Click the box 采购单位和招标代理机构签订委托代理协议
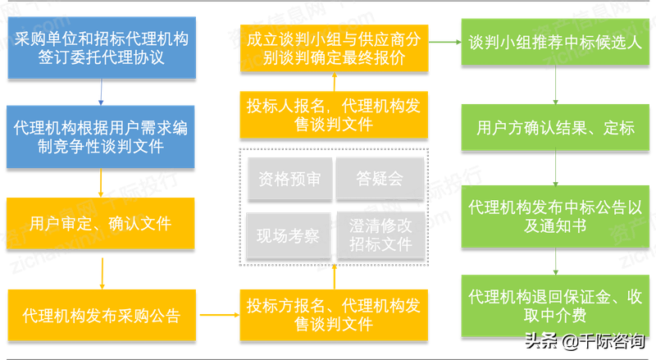(100, 48)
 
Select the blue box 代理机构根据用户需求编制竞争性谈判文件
(100, 136)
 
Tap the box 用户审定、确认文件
(100, 223)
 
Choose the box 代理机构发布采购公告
(100, 315)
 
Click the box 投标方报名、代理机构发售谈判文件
(334, 315)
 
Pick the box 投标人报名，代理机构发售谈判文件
(334, 114)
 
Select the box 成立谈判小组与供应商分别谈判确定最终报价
(334, 48)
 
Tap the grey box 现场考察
(288, 235)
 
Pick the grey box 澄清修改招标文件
(380, 233)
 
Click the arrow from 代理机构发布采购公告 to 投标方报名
(217, 313)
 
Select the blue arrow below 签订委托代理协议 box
(100, 92)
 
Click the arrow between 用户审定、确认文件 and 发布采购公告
(100, 270)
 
